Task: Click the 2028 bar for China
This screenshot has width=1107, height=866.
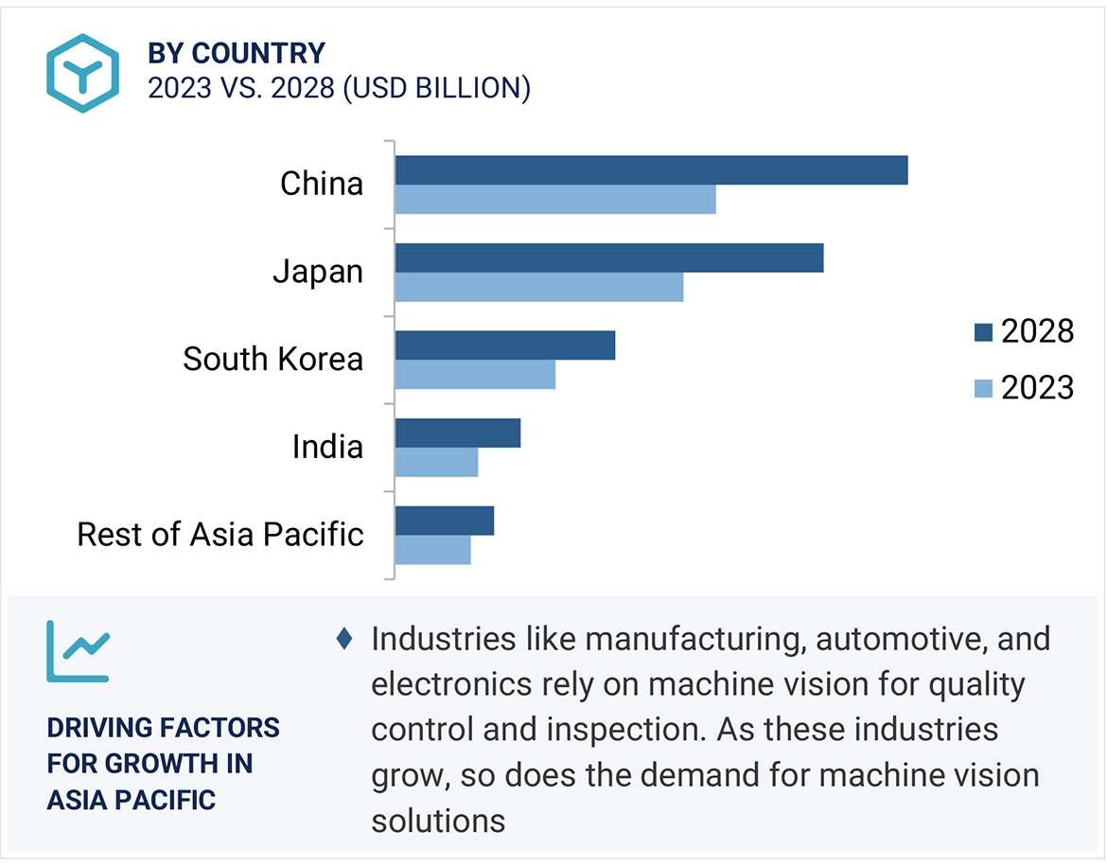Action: [651, 170]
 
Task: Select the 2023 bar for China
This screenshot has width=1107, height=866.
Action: [555, 200]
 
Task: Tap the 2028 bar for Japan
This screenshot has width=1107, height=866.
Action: [609, 257]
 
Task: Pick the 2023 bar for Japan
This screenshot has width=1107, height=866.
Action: [539, 287]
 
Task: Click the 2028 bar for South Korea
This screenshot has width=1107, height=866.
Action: [505, 345]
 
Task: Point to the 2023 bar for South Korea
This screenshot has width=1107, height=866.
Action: [475, 375]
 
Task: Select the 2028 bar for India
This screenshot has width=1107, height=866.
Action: [458, 433]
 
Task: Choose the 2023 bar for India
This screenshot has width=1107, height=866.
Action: [436, 463]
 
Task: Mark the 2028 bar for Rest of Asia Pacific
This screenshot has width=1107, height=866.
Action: [445, 521]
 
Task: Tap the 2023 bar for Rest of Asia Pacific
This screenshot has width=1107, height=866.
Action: [432, 550]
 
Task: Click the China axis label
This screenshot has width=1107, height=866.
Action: [322, 184]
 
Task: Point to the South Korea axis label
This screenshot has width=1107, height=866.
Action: [272, 360]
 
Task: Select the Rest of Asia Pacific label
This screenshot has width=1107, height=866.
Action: [220, 535]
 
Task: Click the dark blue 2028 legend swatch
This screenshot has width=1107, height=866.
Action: [983, 332]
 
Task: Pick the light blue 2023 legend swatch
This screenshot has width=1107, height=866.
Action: [983, 388]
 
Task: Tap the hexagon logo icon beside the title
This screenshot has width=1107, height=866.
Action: [82, 73]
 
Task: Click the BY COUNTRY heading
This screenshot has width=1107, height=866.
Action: [236, 53]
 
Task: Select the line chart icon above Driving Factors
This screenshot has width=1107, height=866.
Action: [78, 651]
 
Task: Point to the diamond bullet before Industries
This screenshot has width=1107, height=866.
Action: [344, 639]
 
